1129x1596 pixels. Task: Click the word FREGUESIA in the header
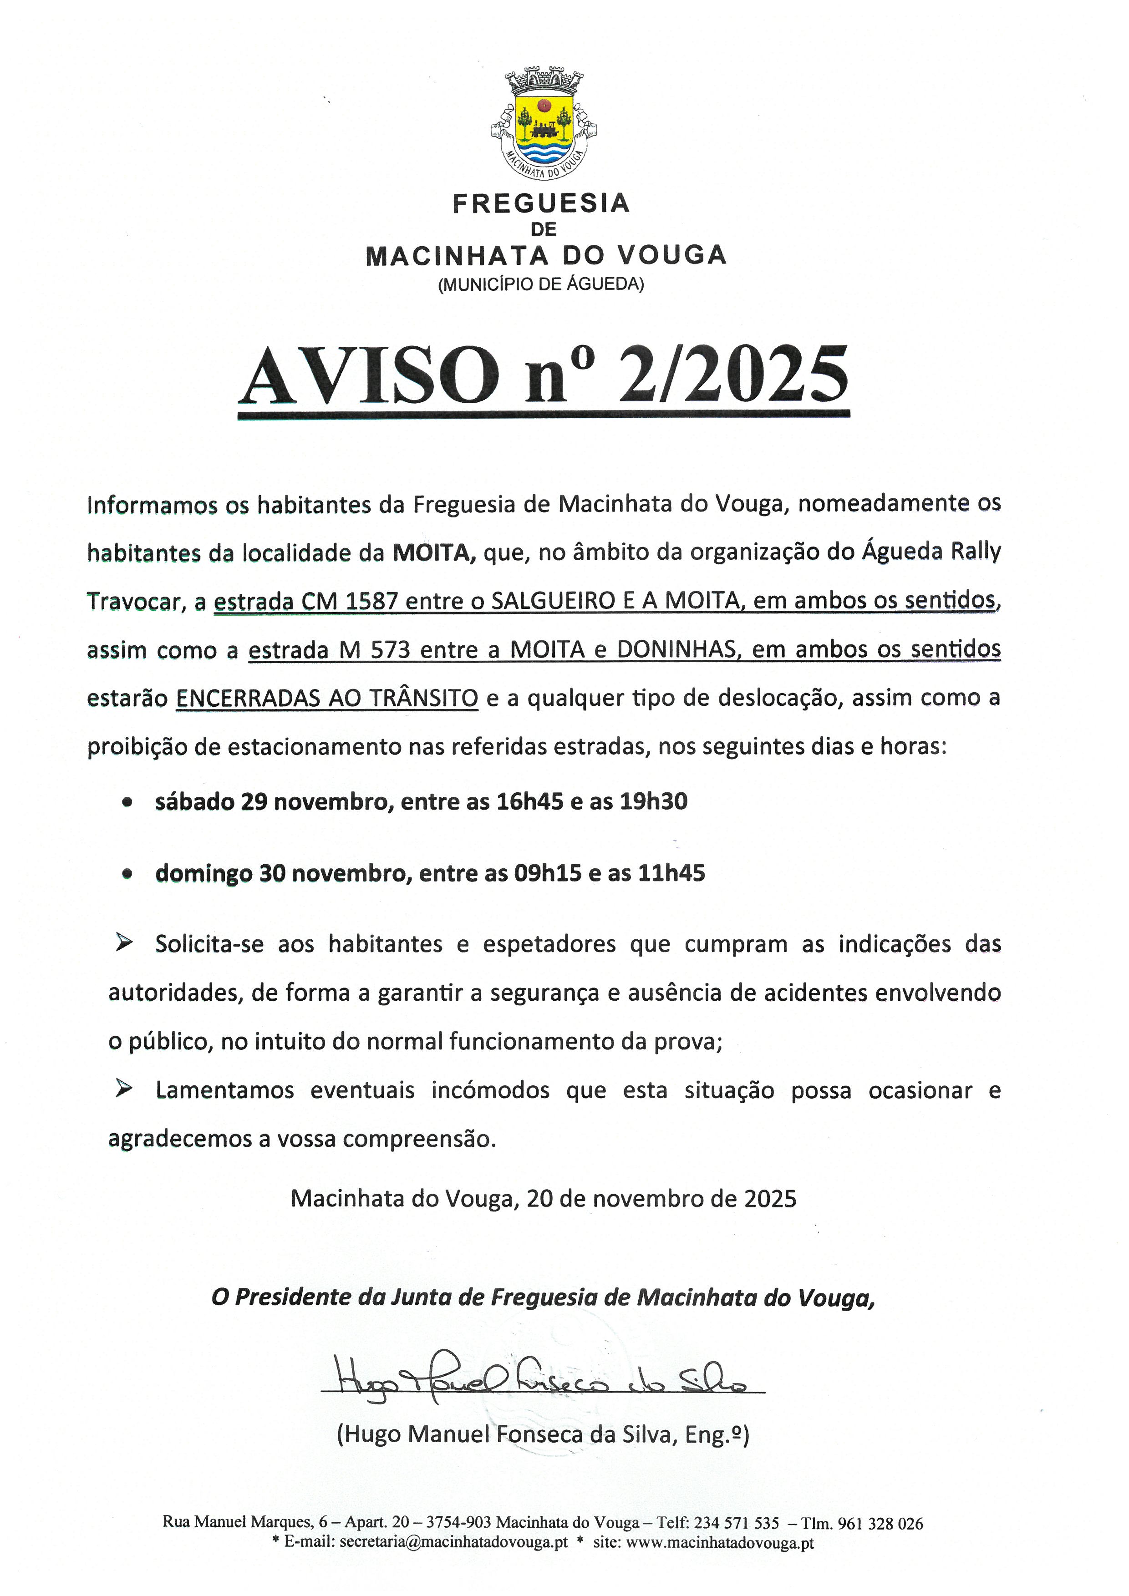pos(541,204)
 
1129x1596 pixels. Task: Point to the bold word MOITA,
pos(434,552)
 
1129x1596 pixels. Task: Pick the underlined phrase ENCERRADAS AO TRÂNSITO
pos(327,698)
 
